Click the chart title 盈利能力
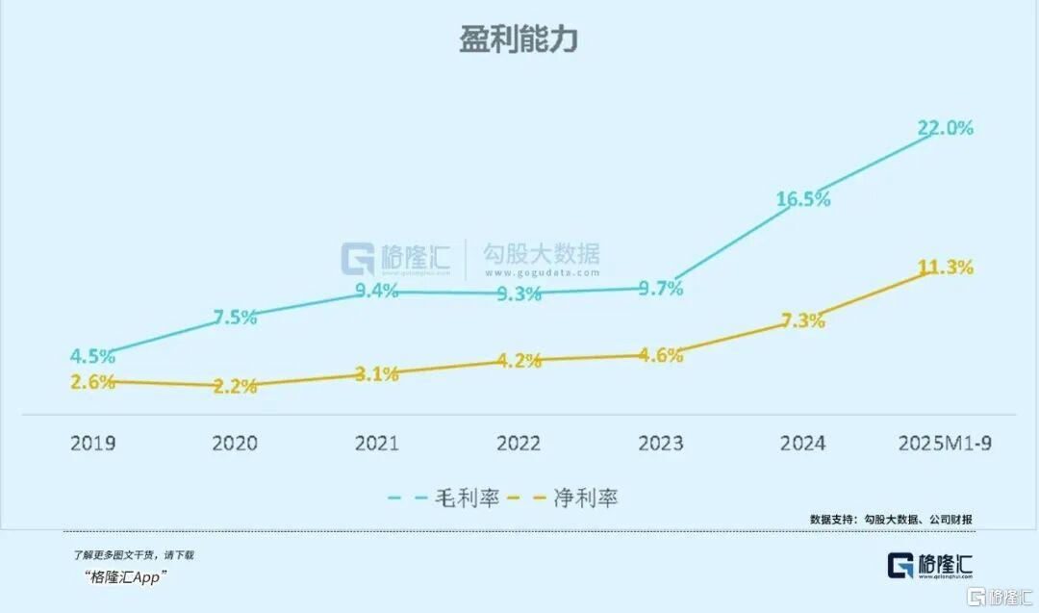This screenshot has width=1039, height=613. pos(518,39)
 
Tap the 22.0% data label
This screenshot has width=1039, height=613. pos(945,128)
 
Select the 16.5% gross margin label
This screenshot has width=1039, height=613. pos(803,199)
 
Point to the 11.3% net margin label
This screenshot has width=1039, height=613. pos(945,268)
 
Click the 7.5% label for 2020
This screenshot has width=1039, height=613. pos(234,318)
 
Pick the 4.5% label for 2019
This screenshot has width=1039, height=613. pos(92,356)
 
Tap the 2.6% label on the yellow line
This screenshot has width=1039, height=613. pos(92,381)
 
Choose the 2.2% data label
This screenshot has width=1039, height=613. pos(234,387)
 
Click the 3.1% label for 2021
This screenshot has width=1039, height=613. pos(375,374)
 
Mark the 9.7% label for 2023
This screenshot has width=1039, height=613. pos(660,288)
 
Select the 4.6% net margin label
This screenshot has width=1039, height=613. pos(660,355)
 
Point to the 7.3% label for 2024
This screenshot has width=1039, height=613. pos(803,320)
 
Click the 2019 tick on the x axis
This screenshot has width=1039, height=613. pos(92,443)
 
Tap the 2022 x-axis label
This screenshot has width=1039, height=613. pos(518,443)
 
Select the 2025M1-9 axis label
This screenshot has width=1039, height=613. pos(944,443)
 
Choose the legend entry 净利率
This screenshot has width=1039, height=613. pos(586,498)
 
